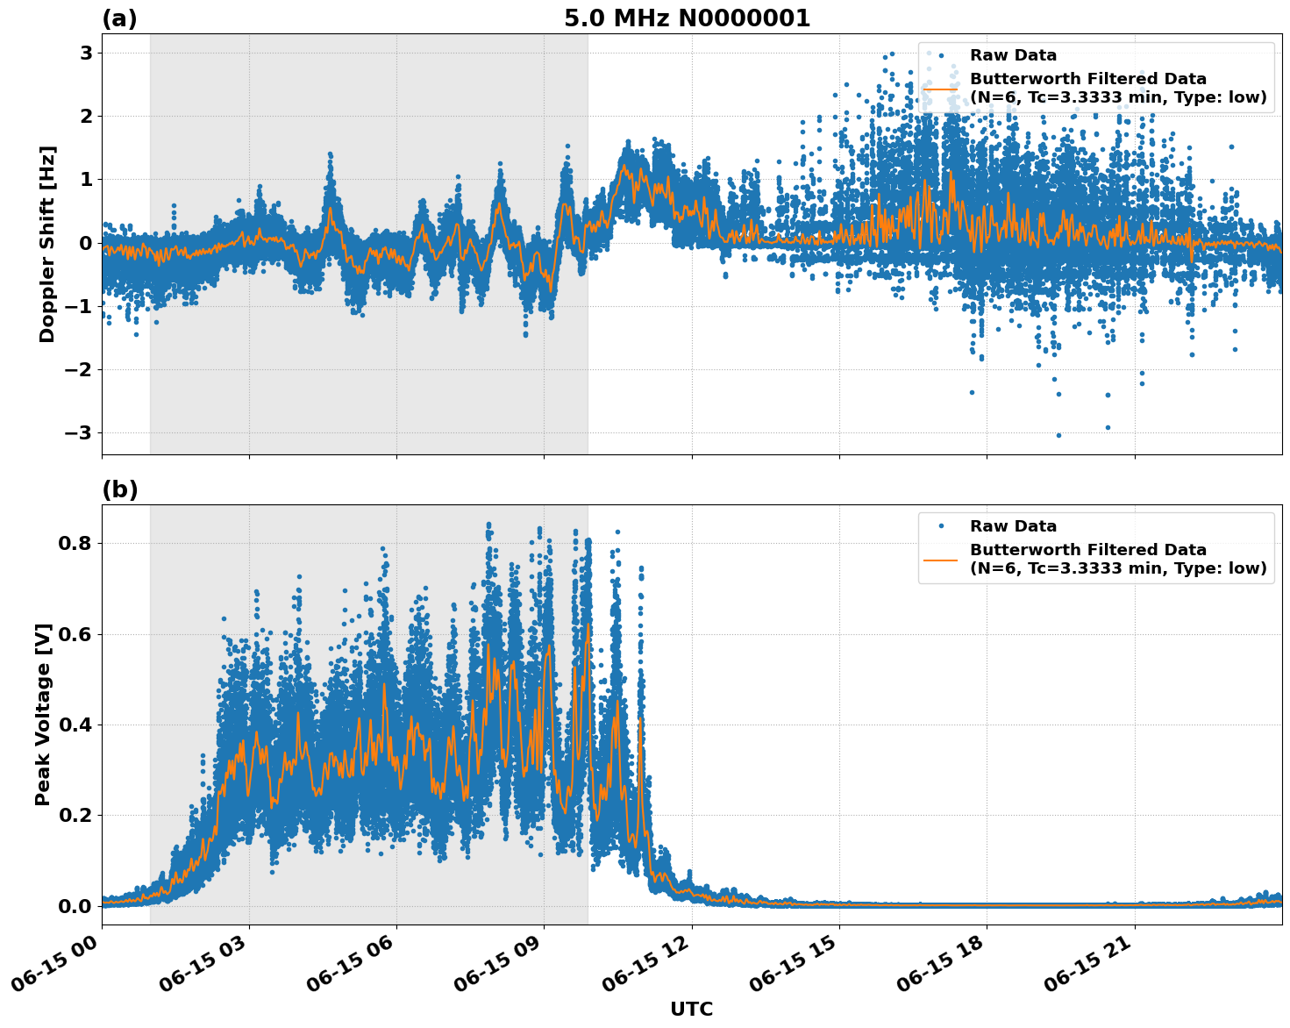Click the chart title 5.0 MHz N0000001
pyautogui.click(x=687, y=18)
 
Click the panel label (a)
pyautogui.click(x=119, y=18)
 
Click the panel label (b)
pyautogui.click(x=119, y=489)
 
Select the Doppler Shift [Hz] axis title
pyautogui.click(x=47, y=244)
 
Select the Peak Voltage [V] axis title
pyautogui.click(x=43, y=714)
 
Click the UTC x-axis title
pyautogui.click(x=691, y=1009)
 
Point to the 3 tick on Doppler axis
pyautogui.click(x=86, y=53)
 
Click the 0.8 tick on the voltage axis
pyautogui.click(x=76, y=543)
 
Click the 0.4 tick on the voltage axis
pyautogui.click(x=76, y=725)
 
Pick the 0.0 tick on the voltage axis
pyautogui.click(x=76, y=906)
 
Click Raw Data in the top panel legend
pyautogui.click(x=1013, y=56)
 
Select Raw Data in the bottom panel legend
pyautogui.click(x=1013, y=526)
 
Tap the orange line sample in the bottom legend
pyautogui.click(x=940, y=560)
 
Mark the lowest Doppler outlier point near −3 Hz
pyautogui.click(x=1058, y=435)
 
